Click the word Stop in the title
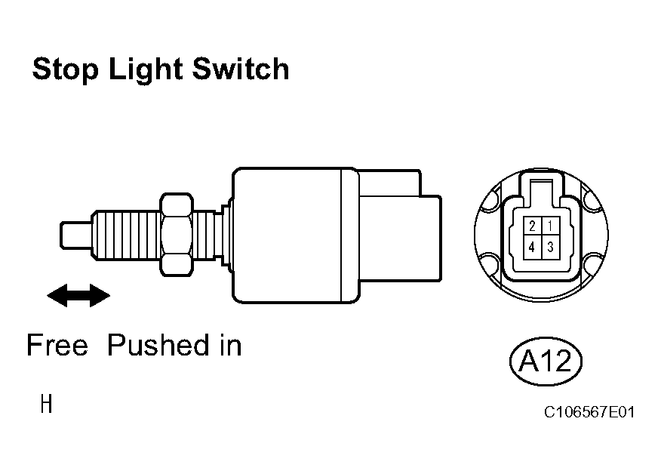click(66, 69)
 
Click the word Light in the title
click(146, 69)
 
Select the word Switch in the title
click(241, 69)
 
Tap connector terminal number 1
click(551, 226)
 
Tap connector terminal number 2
click(533, 226)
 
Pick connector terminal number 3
click(551, 247)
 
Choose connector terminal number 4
click(533, 247)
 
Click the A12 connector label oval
click(546, 362)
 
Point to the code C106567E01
click(589, 412)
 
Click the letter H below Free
click(46, 404)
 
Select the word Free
click(57, 345)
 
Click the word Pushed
click(158, 345)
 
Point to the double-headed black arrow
click(78, 295)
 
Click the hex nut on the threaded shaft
click(177, 235)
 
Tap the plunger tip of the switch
click(76, 235)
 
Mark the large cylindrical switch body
click(295, 235)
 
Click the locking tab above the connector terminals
click(541, 189)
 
